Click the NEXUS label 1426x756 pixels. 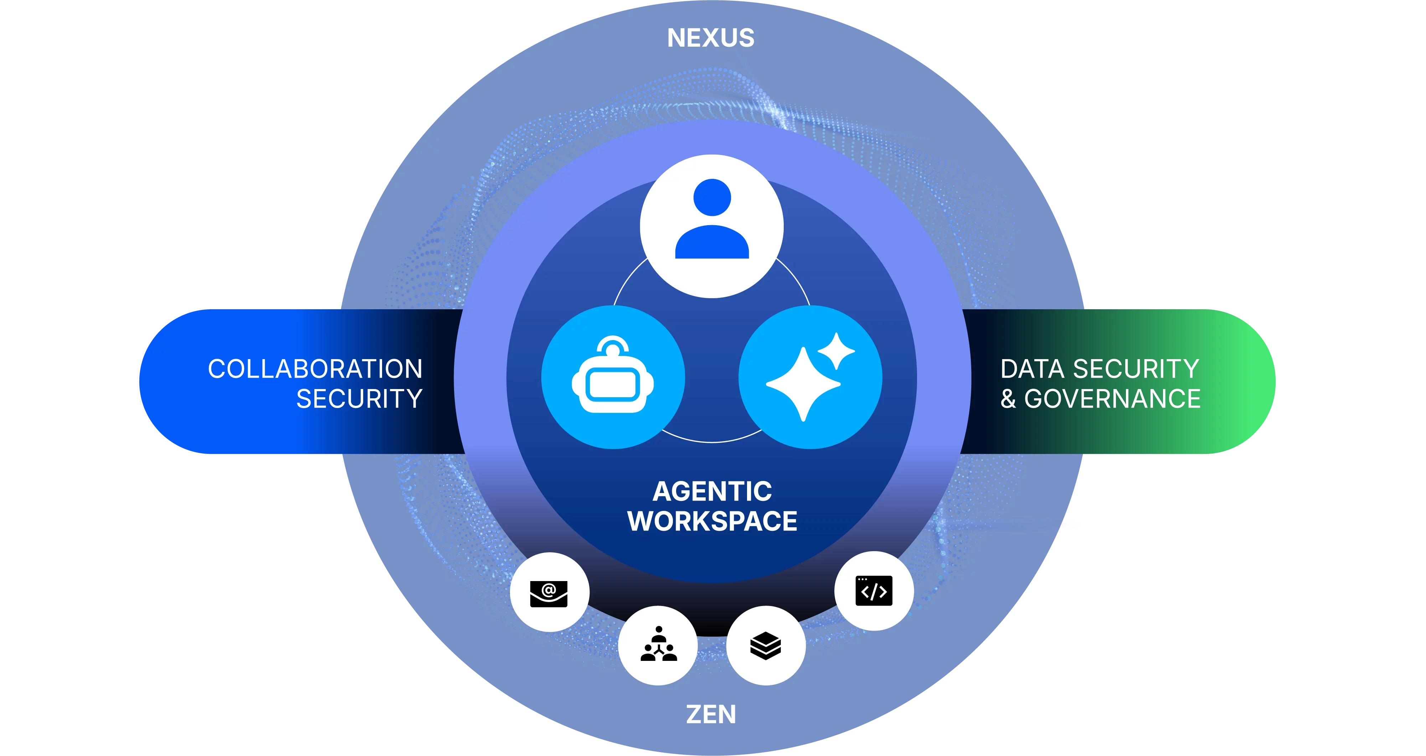(711, 38)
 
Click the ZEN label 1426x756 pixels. (711, 714)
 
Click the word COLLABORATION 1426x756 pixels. (315, 369)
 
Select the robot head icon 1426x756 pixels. (613, 382)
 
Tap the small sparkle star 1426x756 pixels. (836, 350)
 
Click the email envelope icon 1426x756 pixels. (549, 593)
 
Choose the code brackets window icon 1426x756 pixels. (874, 591)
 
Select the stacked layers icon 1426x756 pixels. (766, 645)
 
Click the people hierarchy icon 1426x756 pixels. (658, 645)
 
